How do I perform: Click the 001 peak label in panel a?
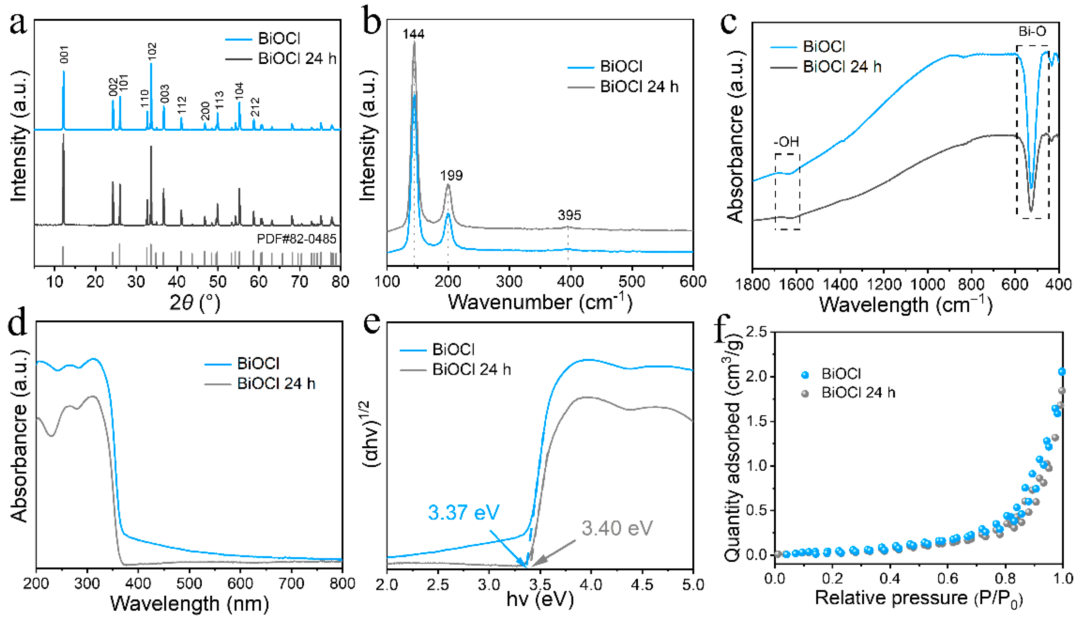pyautogui.click(x=64, y=54)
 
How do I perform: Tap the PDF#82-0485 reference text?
pyautogui.click(x=297, y=239)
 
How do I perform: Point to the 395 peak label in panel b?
pyautogui.click(x=569, y=215)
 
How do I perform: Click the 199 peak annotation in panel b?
pyautogui.click(x=451, y=175)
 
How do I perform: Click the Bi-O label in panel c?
pyautogui.click(x=1032, y=31)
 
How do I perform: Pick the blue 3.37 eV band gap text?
pyautogui.click(x=464, y=512)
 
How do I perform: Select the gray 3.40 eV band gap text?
pyautogui.click(x=617, y=528)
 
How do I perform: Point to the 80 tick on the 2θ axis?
pyautogui.click(x=340, y=282)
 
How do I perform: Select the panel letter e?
pyautogui.click(x=372, y=324)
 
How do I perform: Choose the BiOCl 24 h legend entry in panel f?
pyautogui.click(x=858, y=393)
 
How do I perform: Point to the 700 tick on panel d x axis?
pyautogui.click(x=291, y=584)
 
